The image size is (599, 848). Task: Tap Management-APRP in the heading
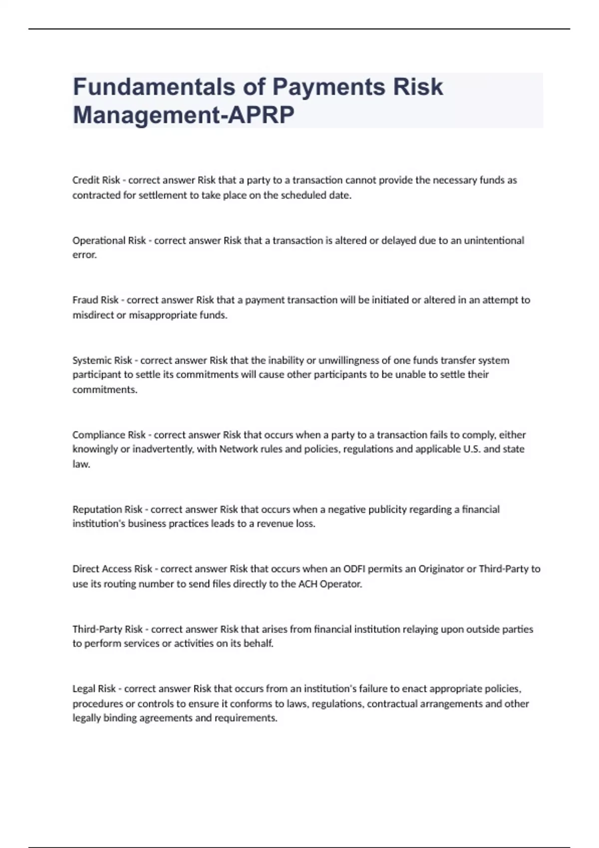click(184, 115)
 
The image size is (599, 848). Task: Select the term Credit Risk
click(96, 180)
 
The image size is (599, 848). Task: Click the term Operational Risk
click(109, 240)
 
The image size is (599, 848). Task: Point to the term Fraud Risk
click(95, 300)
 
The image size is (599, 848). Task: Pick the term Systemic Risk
click(102, 360)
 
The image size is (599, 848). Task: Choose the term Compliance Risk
click(109, 434)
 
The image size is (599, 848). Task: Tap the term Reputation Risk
click(107, 509)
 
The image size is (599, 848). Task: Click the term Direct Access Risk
click(112, 569)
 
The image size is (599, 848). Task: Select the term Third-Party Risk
click(107, 629)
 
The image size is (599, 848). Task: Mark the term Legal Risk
click(94, 689)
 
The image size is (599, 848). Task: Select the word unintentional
click(494, 240)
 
